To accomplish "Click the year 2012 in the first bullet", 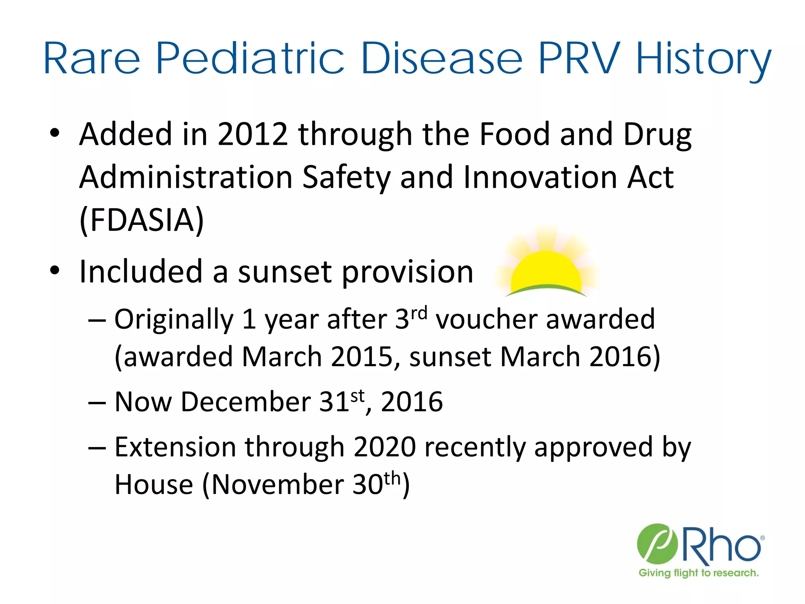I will (253, 134).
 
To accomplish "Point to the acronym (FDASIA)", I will (142, 220).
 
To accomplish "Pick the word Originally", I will (174, 319).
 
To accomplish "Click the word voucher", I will (486, 319).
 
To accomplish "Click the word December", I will (245, 402).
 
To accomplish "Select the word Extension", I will (175, 447).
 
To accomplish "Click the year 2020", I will (384, 447).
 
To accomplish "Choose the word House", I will (154, 484).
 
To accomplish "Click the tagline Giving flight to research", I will (698, 573).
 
